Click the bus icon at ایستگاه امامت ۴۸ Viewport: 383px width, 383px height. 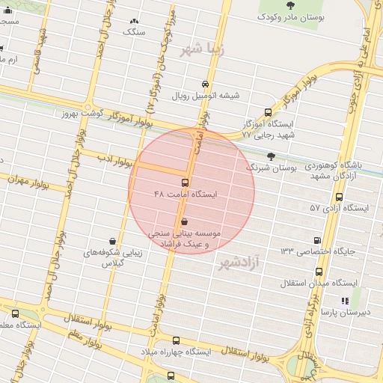(x=185, y=183)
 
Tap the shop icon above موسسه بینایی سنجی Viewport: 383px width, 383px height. (x=185, y=221)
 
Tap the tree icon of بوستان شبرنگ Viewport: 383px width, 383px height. (x=270, y=156)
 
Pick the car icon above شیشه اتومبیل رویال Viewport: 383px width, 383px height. (x=206, y=84)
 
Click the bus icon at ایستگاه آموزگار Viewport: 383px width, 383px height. (x=269, y=112)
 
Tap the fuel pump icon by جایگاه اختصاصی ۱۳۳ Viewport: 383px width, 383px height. (x=318, y=240)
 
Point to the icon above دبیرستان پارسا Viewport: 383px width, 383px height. (x=344, y=301)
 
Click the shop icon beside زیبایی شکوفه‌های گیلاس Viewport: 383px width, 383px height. (x=112, y=241)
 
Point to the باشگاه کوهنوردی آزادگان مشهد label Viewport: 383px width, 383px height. (x=336, y=169)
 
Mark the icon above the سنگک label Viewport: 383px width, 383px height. (x=134, y=22)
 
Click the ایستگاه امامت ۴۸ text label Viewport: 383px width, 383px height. (x=185, y=194)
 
